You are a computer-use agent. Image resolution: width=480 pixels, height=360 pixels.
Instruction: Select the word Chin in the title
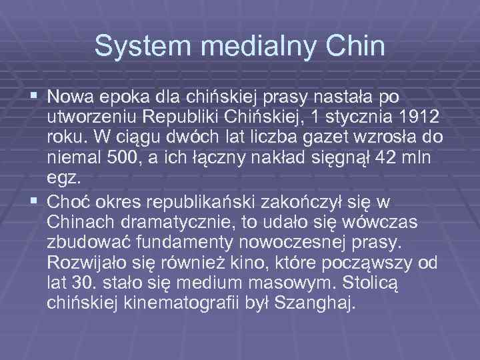[x=359, y=46]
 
